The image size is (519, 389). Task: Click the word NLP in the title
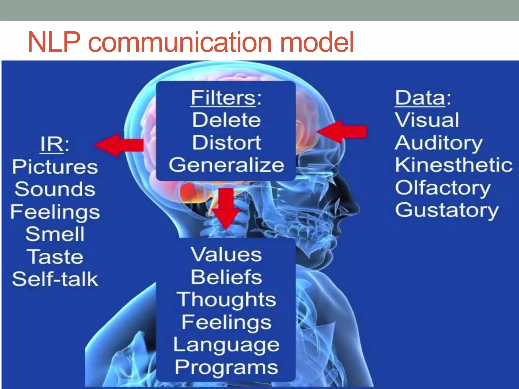[54, 42]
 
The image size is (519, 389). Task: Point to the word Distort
[226, 142]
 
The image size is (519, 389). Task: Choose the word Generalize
[226, 165]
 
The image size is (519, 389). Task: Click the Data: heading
[423, 98]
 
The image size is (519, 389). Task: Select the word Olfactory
[443, 188]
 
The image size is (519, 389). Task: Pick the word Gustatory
[447, 210]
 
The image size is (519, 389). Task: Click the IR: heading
[55, 144]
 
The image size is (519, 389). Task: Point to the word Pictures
[55, 167]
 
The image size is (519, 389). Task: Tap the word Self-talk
[55, 279]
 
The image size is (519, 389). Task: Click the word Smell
[55, 234]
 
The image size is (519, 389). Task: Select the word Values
[226, 254]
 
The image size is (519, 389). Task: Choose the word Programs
[226, 367]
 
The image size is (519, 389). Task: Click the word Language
[226, 345]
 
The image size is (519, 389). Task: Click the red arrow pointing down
[226, 208]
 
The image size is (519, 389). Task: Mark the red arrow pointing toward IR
[119, 145]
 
